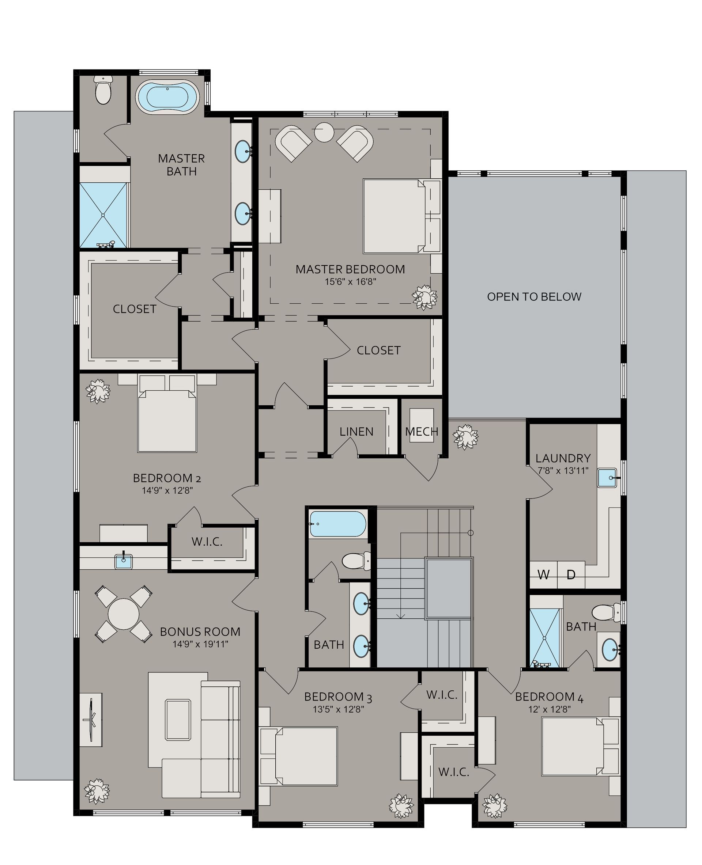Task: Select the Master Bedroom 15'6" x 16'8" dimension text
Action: (351, 282)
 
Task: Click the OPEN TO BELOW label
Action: (534, 297)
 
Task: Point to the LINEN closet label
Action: (356, 432)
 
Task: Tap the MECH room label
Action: (421, 432)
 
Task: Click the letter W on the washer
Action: (543, 575)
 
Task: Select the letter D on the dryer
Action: (571, 575)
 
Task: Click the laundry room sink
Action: (607, 478)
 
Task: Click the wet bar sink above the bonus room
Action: (123, 561)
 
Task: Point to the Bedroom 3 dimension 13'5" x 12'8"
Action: (338, 709)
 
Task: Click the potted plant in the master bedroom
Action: (424, 297)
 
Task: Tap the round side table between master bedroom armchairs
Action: (324, 132)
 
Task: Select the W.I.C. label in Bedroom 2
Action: (207, 542)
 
